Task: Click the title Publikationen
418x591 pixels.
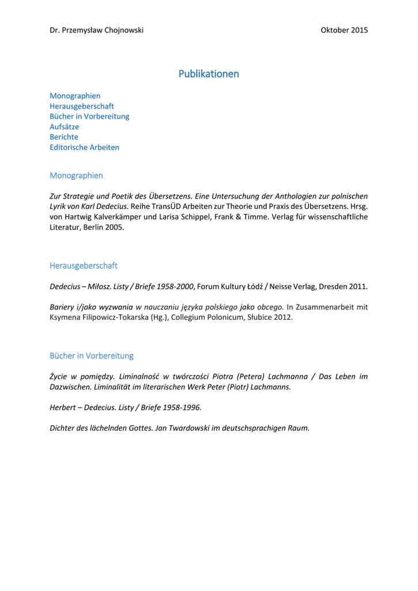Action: point(209,74)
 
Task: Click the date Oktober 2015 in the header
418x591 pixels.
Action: point(344,30)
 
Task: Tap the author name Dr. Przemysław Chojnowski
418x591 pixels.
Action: point(96,30)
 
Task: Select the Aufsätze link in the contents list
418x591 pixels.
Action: point(65,126)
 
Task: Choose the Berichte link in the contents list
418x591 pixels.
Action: point(64,137)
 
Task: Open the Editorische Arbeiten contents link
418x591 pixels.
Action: point(84,147)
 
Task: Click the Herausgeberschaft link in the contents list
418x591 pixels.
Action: point(82,106)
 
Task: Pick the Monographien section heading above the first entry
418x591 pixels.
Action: point(76,175)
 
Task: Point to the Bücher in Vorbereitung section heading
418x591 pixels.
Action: point(91,356)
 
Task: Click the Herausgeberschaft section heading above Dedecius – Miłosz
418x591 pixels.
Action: point(84,265)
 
